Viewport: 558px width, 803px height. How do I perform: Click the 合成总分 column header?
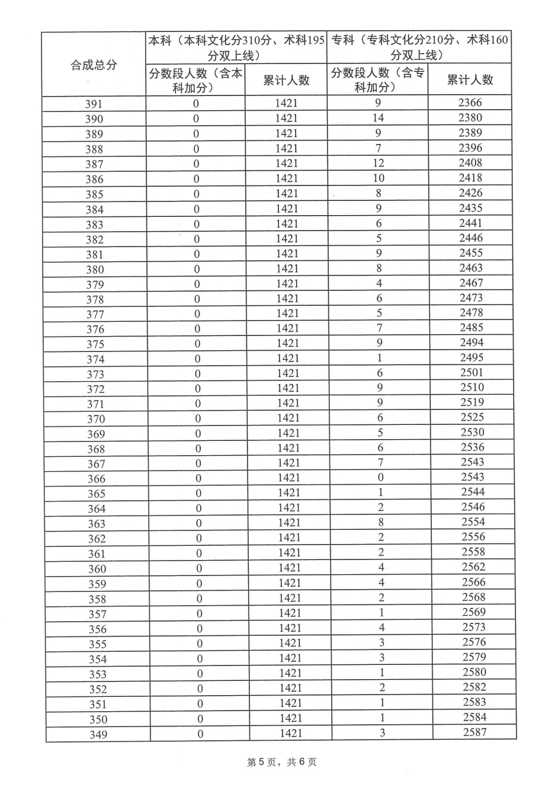pyautogui.click(x=94, y=65)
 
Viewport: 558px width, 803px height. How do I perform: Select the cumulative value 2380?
pyautogui.click(x=470, y=117)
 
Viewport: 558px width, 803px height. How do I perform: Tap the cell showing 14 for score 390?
pyautogui.click(x=378, y=118)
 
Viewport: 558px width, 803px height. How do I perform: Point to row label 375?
pyautogui.click(x=95, y=344)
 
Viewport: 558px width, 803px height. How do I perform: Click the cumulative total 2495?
pyautogui.click(x=472, y=357)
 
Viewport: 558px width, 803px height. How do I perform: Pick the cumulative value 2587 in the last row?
pyautogui.click(x=474, y=732)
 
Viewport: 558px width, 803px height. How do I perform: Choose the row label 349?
pyautogui.click(x=98, y=735)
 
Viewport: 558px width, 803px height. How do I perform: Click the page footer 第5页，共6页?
pyautogui.click(x=281, y=762)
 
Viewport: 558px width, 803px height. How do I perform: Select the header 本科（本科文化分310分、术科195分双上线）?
pyautogui.click(x=236, y=47)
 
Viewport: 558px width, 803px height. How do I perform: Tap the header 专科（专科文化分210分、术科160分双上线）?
pyautogui.click(x=419, y=47)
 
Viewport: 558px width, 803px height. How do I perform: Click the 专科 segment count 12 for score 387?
pyautogui.click(x=378, y=163)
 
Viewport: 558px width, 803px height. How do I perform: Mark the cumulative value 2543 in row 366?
pyautogui.click(x=473, y=477)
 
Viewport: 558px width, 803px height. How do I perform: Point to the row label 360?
pyautogui.click(x=97, y=569)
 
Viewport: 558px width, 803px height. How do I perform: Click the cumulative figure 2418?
pyautogui.click(x=471, y=177)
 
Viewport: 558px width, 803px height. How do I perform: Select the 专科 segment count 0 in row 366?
pyautogui.click(x=380, y=478)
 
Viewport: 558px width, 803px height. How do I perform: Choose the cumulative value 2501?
pyautogui.click(x=472, y=372)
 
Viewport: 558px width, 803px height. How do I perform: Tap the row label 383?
pyautogui.click(x=94, y=225)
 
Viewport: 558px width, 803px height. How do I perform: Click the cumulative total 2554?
pyautogui.click(x=473, y=522)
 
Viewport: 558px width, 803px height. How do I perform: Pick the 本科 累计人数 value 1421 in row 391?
pyautogui.click(x=286, y=103)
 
